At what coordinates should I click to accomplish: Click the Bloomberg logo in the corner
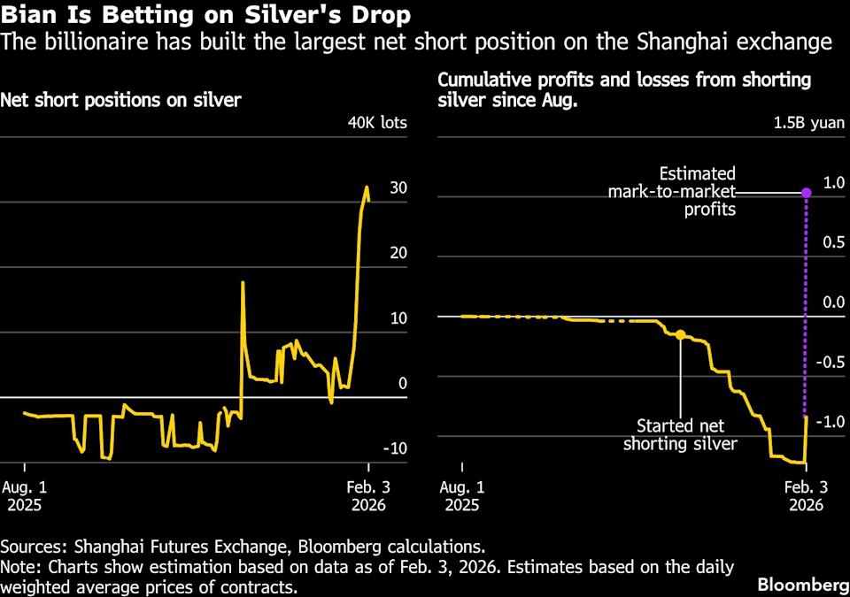(801, 585)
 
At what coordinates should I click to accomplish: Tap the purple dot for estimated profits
(806, 192)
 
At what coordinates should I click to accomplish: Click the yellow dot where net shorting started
(680, 335)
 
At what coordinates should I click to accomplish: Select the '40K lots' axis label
(377, 122)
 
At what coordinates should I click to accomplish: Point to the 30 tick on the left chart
(398, 188)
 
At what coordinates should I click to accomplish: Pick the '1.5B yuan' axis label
(810, 122)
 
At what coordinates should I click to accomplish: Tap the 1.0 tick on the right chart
(834, 182)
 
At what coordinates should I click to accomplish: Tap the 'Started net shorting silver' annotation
(680, 433)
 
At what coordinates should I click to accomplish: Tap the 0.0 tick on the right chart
(834, 302)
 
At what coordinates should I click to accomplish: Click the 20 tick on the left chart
(398, 253)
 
